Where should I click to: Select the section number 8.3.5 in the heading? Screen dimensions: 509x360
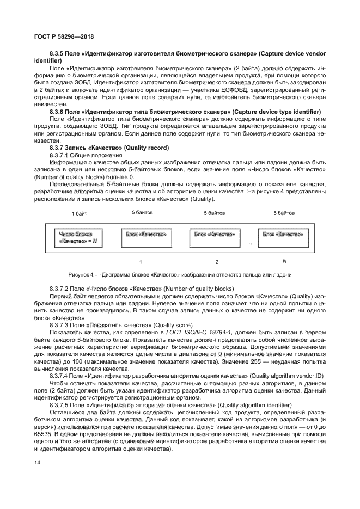(57, 54)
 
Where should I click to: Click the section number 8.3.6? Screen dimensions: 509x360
(57, 111)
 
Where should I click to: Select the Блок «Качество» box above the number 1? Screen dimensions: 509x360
(143, 234)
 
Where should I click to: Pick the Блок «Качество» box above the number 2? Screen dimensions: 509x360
(215, 234)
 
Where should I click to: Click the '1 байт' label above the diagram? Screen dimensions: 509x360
(80, 213)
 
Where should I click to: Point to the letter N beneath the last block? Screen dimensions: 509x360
(284, 261)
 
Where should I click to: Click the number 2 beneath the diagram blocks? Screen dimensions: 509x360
(216, 261)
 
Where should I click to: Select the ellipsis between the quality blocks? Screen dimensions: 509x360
(249, 244)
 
